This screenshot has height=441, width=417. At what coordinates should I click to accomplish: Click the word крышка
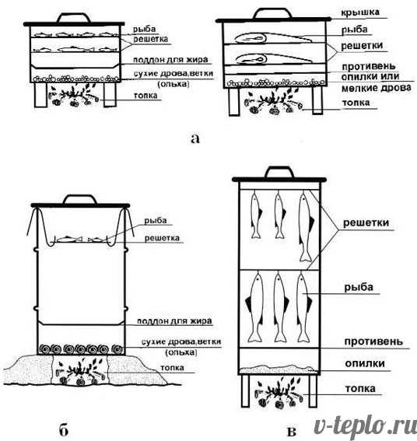tap(360, 12)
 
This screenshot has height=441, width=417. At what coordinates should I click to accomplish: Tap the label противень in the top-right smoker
tap(368, 66)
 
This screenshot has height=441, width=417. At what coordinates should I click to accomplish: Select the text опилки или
tap(370, 76)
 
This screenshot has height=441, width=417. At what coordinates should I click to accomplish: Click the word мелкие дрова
tap(377, 88)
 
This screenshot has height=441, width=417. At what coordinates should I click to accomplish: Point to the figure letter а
tap(195, 138)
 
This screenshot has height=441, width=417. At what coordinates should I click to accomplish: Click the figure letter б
tap(64, 430)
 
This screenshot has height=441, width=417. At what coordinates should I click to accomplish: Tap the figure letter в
tap(292, 432)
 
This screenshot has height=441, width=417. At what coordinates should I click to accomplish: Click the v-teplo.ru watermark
tap(365, 426)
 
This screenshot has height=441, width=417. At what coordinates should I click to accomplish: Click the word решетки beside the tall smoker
tap(366, 222)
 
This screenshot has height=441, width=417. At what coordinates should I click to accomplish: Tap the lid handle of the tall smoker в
tap(280, 172)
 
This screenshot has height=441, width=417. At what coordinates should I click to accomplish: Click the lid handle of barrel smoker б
tap(80, 199)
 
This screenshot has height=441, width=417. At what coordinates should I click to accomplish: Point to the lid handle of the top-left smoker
tap(74, 17)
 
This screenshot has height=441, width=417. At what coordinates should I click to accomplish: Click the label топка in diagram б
tap(172, 368)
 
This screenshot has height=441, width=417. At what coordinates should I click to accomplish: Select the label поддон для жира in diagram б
tap(174, 321)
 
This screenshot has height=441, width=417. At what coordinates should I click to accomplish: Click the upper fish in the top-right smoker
tap(273, 37)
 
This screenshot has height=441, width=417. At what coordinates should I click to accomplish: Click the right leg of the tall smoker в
tap(313, 391)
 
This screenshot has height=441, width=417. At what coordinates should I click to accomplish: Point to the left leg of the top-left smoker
tap(40, 95)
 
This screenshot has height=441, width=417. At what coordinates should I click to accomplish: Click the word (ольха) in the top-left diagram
tap(173, 83)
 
